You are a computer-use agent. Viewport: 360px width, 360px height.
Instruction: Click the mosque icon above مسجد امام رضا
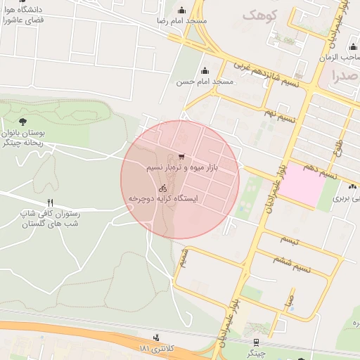183,10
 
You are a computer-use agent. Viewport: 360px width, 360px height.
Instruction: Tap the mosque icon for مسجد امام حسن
205,70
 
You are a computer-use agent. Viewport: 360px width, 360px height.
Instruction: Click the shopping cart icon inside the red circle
181,157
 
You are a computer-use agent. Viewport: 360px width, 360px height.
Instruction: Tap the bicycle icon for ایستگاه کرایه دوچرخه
163,188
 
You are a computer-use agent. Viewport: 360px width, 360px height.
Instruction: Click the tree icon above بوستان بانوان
23,121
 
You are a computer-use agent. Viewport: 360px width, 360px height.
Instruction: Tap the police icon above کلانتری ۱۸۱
156,337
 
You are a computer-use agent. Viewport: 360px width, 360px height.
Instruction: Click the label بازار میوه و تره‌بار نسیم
183,168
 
